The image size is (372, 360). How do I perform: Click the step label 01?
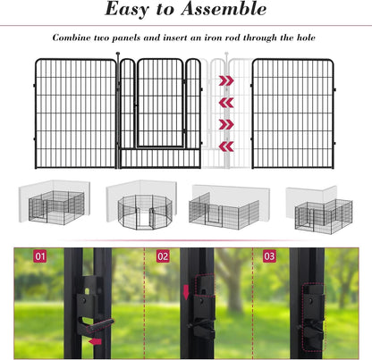pos(39,257)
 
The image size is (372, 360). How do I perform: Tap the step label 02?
pos(162,257)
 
